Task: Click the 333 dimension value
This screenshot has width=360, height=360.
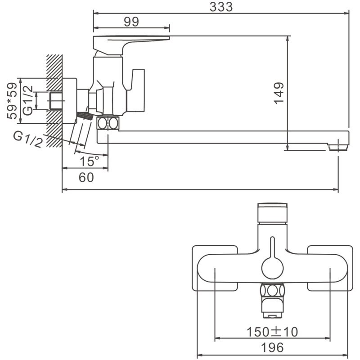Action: (x=221, y=7)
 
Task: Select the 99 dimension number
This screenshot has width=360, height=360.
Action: (x=131, y=22)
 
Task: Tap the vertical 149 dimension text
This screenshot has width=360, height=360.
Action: (x=279, y=93)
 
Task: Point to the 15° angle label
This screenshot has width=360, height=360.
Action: (x=90, y=161)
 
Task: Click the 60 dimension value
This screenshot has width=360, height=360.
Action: (x=86, y=177)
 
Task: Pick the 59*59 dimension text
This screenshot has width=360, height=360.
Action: (x=12, y=100)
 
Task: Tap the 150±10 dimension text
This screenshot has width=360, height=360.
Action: (x=272, y=332)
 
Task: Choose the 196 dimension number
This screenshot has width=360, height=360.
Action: (x=272, y=347)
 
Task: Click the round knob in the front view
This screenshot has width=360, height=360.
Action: (x=273, y=268)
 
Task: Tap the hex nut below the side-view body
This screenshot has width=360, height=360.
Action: (x=108, y=123)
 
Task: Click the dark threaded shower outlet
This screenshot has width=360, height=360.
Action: (x=85, y=116)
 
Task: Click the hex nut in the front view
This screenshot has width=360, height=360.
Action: (x=273, y=290)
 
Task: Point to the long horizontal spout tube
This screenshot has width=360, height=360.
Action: (x=223, y=137)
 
